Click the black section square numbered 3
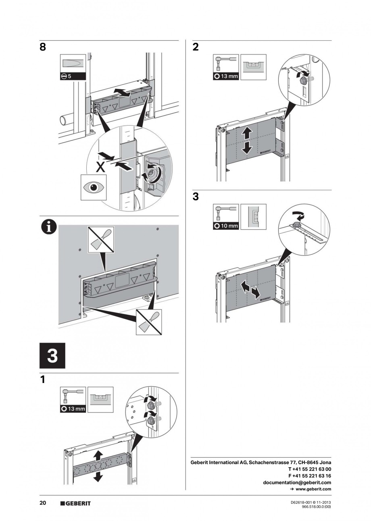point(52,356)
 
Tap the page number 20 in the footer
point(43,503)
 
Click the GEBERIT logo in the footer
point(75,504)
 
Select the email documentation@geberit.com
point(297,482)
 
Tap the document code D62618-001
point(302,502)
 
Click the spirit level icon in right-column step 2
point(254,67)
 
